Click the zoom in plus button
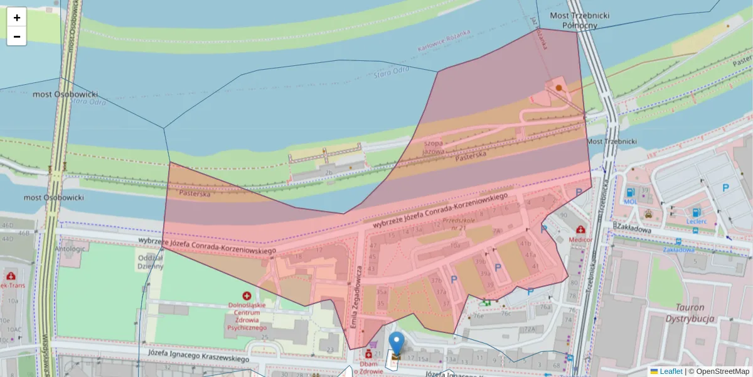17,18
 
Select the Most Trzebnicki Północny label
571,20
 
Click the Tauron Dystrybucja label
690,313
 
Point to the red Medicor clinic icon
580,229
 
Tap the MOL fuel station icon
629,192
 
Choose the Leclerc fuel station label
697,221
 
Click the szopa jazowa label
434,146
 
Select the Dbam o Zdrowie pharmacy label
373,367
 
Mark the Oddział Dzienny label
150,261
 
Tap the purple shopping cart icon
373,344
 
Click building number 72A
530,329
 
